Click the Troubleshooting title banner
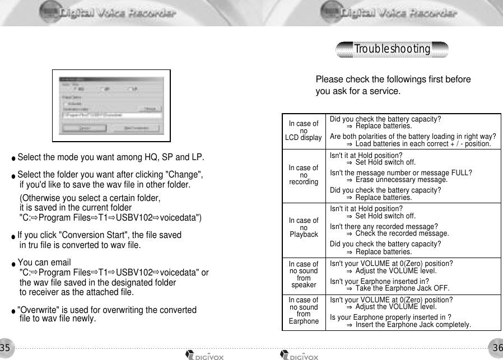pos(392,49)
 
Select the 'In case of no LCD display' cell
pos(304,130)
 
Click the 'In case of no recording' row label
pos(304,175)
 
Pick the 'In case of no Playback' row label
pos(304,227)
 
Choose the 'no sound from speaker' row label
pos(304,274)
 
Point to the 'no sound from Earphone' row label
pos(304,311)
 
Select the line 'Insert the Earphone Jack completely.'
pos(413,325)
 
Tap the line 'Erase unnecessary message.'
pos(401,180)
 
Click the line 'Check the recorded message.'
pos(402,233)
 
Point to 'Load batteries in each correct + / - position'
pos(423,144)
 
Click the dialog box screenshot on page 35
pos(111,105)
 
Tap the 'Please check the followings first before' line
pos(393,80)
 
